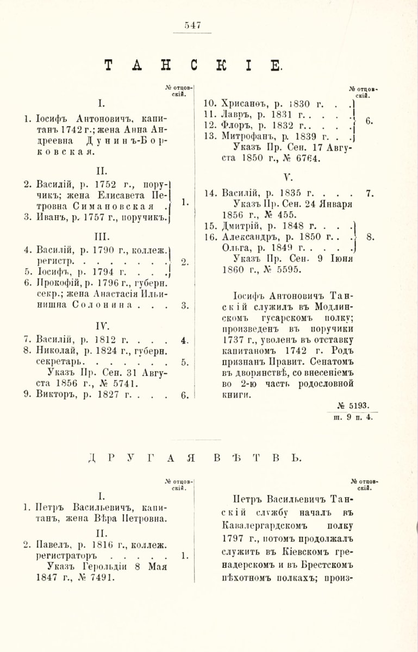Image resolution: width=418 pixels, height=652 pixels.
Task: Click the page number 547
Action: point(192,24)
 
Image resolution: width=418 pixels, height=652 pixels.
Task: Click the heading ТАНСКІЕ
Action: point(192,66)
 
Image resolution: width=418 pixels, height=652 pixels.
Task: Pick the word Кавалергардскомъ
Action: point(259,526)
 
